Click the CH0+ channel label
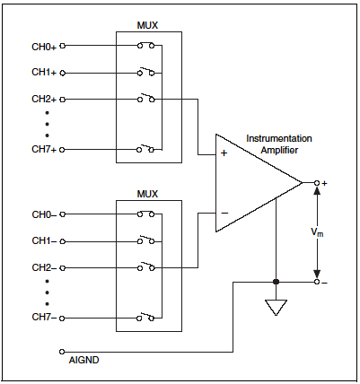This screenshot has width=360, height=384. coord(44,47)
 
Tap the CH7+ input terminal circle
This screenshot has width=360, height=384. coord(62,150)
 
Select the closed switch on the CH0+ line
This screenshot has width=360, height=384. coord(145,46)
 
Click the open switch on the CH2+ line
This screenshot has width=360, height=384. coord(145,98)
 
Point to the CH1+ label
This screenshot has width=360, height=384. coord(44,73)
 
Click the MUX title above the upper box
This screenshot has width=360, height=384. coord(147,25)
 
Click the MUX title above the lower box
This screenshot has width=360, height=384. coord(147,194)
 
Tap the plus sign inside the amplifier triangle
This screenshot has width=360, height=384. coord(224,153)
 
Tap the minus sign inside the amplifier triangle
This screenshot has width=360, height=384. coord(224,213)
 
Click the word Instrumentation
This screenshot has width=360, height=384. coord(279,138)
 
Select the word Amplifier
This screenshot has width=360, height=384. coord(279,150)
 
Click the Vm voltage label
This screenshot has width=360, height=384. coord(317,232)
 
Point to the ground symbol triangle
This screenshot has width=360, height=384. coord(276,308)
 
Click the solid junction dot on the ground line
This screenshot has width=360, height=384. coord(276,282)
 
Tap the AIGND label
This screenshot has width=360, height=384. coord(83,360)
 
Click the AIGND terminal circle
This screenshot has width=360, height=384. coord(62,352)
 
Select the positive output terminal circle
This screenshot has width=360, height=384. coord(317,183)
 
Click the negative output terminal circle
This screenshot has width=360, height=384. coord(317,282)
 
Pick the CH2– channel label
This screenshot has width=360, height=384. coord(44,267)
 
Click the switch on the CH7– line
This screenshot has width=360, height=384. coord(145,317)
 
